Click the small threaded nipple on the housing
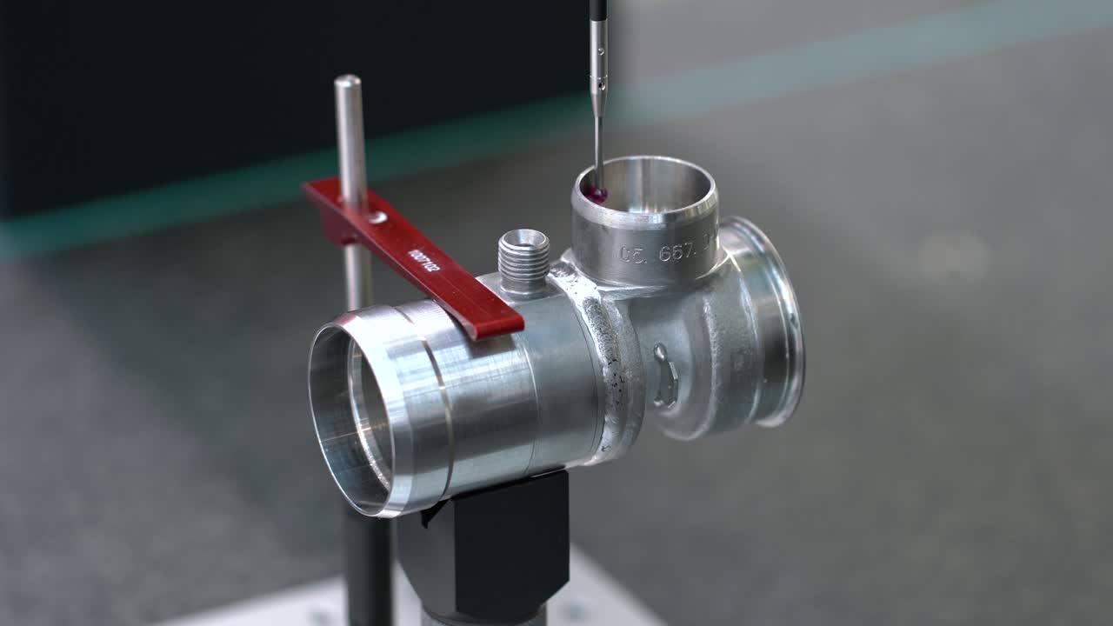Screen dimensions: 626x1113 coord(523,258)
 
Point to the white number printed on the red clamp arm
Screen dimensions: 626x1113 coord(423,258)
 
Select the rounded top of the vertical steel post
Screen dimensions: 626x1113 coord(348,83)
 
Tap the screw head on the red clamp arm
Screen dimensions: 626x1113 coord(376,216)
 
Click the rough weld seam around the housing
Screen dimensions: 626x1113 coord(619,365)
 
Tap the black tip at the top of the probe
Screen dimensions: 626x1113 coord(597,9)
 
